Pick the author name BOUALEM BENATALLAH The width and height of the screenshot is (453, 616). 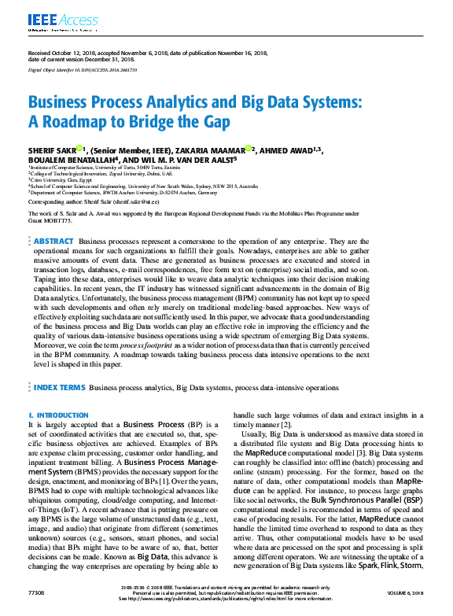(x=67, y=158)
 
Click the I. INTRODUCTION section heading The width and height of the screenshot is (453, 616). (x=53, y=415)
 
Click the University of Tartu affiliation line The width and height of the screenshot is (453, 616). (x=103, y=168)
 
